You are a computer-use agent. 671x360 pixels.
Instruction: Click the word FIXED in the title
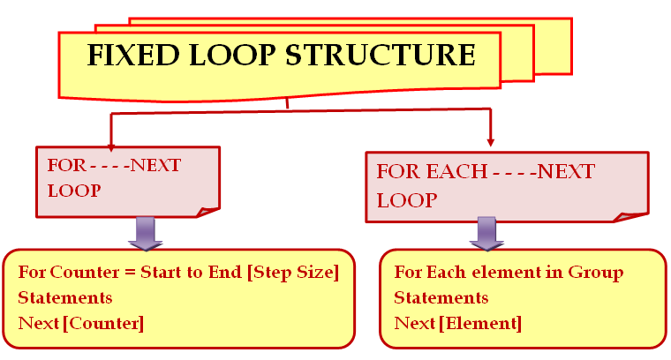133,55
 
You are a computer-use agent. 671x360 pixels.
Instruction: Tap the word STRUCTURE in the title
380,55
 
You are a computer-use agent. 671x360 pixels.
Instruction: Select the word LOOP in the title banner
232,55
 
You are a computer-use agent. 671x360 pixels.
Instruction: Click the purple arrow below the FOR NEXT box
146,234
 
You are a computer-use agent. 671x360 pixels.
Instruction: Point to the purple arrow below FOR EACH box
486,234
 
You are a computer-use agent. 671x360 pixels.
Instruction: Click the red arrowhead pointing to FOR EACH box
490,142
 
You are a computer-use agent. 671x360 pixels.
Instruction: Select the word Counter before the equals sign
85,272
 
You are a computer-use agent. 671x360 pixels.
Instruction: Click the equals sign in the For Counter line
130,273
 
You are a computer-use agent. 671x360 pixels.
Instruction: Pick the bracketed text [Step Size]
293,273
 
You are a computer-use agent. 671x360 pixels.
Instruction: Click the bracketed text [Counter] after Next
103,324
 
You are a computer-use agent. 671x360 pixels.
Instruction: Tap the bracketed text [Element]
480,324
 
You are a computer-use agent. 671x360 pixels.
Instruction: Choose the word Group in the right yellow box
596,273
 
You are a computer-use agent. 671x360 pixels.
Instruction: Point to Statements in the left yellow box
65,297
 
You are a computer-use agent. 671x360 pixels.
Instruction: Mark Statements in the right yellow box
441,297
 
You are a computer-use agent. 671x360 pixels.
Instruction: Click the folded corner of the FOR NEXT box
207,212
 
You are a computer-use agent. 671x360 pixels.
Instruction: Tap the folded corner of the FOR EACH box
630,217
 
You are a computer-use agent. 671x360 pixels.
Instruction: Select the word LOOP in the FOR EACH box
407,200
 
